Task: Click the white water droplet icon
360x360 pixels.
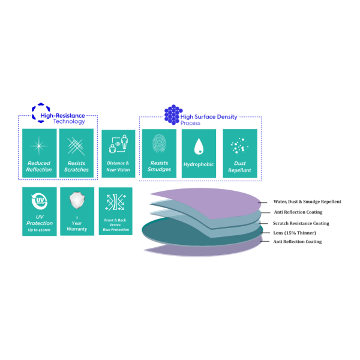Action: pyautogui.click(x=199, y=146)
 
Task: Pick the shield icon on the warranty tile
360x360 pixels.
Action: pyautogui.click(x=77, y=200)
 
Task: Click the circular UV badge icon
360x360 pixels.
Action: pyautogui.click(x=40, y=200)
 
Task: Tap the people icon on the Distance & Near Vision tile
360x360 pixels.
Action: pyautogui.click(x=118, y=146)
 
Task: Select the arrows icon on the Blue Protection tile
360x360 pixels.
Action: pyautogui.click(x=115, y=202)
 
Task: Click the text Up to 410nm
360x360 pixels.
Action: pyautogui.click(x=40, y=229)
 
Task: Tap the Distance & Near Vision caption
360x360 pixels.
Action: pyautogui.click(x=118, y=166)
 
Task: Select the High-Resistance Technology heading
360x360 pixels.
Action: pyautogui.click(x=62, y=118)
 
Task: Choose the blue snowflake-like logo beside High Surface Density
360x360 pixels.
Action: pyautogui.click(x=172, y=114)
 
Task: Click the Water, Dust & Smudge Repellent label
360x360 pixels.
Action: pyautogui.click(x=307, y=202)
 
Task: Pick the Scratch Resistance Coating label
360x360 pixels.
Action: pyautogui.click(x=301, y=223)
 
